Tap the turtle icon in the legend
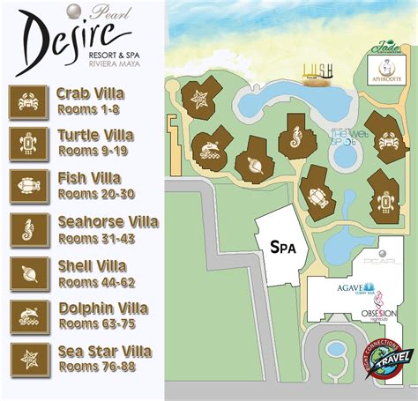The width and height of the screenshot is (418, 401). [29, 144]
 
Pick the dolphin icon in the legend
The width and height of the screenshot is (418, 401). [29, 316]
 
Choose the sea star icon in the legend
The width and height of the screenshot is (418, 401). [29, 360]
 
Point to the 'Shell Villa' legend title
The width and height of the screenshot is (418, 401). [92, 265]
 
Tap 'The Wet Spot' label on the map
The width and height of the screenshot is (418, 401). [343, 137]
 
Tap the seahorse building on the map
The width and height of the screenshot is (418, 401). [295, 138]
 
